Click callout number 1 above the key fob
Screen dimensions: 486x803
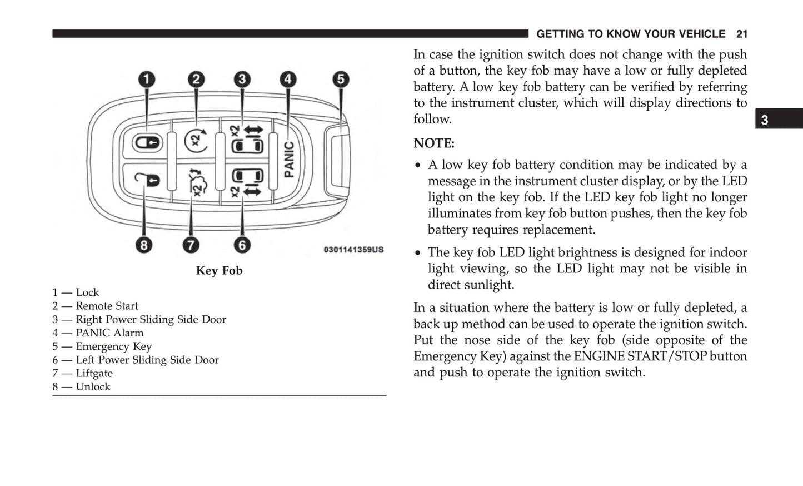pos(147,80)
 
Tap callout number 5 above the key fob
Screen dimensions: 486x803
pos(341,80)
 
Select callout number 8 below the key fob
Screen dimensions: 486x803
pos(144,245)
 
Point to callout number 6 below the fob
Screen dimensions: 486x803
pos(242,245)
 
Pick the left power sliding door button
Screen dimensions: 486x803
pos(246,182)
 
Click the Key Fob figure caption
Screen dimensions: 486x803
pos(219,271)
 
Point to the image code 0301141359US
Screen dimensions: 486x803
pos(353,250)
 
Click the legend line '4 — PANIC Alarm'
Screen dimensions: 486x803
pos(98,333)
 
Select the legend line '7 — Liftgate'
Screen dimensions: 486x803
pos(83,374)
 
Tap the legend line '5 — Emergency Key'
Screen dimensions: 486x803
pos(102,346)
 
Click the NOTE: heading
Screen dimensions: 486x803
pos(433,143)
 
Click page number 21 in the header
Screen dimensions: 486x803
pos(741,34)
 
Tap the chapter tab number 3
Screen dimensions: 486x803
pos(765,120)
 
